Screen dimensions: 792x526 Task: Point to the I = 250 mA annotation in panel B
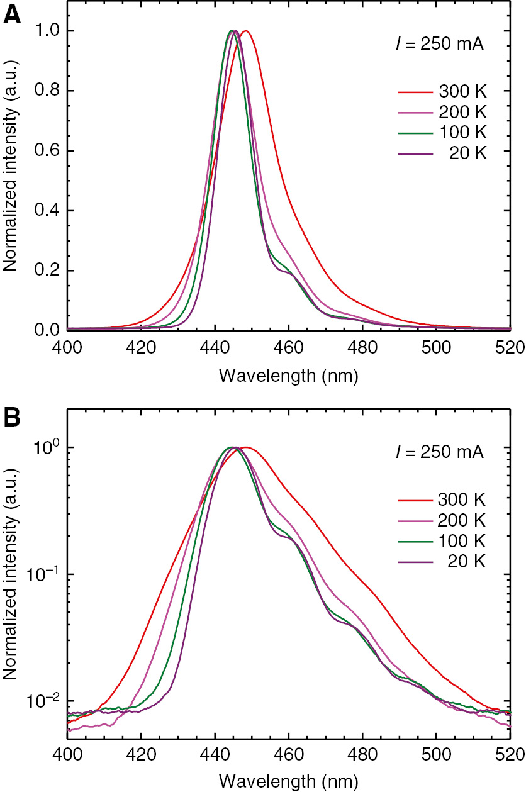(435, 453)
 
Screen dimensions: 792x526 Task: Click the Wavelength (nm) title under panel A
(289, 376)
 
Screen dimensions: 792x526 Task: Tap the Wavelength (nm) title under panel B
(289, 781)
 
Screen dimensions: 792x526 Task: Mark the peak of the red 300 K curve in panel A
(245, 31)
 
